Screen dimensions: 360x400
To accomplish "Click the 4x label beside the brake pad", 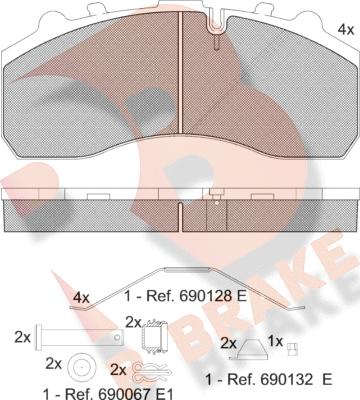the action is point(346,30).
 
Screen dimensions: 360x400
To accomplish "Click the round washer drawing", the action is point(80,368).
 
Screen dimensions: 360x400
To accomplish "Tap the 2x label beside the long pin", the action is point(22,338).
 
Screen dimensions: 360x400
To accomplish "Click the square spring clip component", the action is point(155,336).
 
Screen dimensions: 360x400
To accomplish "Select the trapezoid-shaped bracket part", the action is point(249,349).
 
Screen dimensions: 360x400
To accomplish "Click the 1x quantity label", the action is point(275,341).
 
